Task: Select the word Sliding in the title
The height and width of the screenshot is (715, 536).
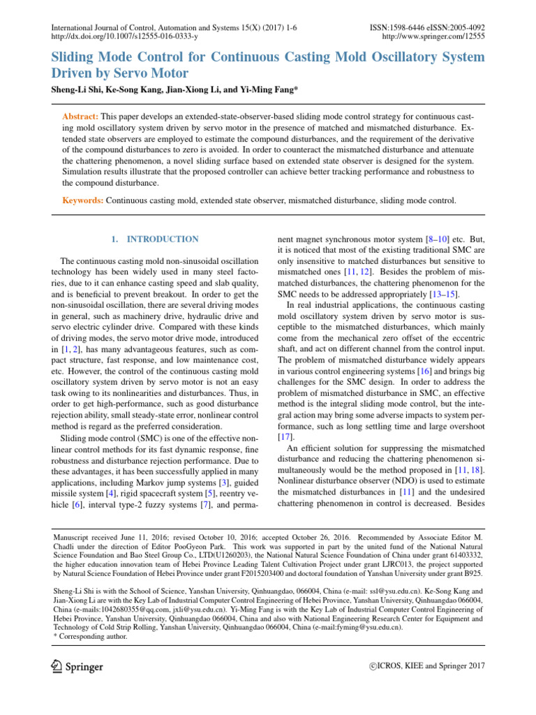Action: [75, 56]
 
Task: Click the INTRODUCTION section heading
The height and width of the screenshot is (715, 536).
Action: [160, 239]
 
